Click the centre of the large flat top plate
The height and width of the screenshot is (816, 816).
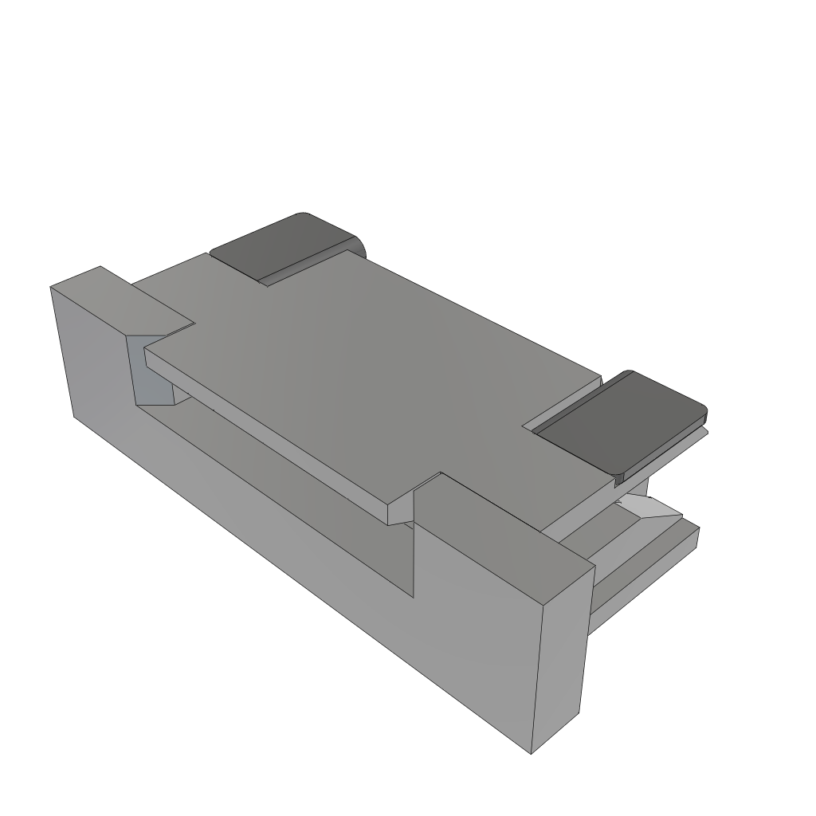click(375, 375)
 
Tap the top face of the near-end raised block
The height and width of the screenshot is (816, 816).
click(510, 542)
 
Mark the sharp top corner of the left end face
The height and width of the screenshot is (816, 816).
click(51, 287)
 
